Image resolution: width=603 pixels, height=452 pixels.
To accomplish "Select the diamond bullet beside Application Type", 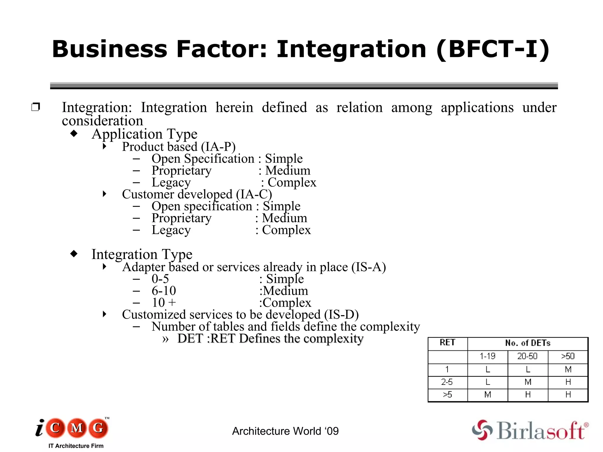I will click(x=74, y=134).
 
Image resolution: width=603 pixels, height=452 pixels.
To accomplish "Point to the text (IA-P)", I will click(x=218, y=147).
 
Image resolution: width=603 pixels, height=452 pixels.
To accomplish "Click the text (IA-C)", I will click(x=254, y=194).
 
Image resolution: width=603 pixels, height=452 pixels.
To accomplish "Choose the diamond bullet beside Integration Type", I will click(x=74, y=253).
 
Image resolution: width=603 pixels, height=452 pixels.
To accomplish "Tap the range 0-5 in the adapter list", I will click(x=160, y=279).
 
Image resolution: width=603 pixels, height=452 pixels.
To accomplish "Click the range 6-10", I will click(x=164, y=291).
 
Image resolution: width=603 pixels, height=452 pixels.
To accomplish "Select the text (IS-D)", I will click(x=341, y=315).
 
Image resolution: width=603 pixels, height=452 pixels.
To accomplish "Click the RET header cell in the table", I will click(x=447, y=343).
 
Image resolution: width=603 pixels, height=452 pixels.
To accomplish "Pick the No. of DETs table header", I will click(x=528, y=343).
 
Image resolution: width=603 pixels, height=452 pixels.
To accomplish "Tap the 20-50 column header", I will click(x=527, y=356).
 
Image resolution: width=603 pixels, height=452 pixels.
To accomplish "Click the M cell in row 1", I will click(x=568, y=369).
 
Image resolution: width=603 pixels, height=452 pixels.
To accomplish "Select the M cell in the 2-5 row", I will click(x=528, y=382).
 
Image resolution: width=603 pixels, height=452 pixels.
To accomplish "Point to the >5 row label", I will click(x=447, y=395).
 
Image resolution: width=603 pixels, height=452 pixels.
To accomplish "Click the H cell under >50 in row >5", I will click(x=568, y=395).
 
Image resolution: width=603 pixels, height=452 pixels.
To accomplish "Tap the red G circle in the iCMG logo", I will click(x=98, y=428).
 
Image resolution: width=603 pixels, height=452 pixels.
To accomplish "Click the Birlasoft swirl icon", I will click(x=482, y=430).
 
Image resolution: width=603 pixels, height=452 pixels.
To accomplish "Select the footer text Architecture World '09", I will click(x=285, y=431).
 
